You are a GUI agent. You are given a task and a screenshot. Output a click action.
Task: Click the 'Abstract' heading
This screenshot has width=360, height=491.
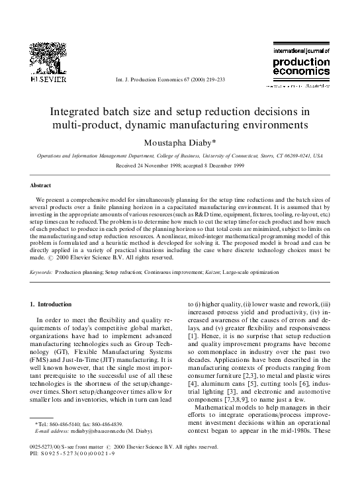(x=42, y=186)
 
